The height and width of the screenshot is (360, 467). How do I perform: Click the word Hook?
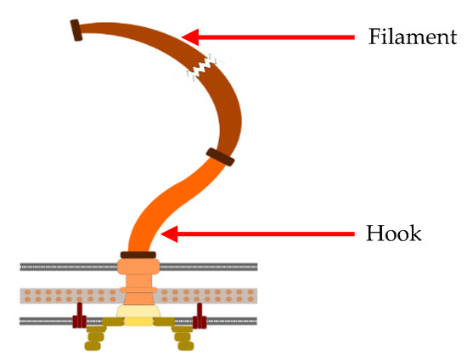(x=393, y=233)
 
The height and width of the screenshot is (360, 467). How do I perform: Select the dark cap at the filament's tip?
(x=76, y=30)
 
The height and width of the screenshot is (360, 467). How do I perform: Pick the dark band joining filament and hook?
(x=220, y=157)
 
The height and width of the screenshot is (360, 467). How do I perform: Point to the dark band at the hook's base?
(x=138, y=255)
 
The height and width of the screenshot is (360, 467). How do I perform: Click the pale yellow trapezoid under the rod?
(x=138, y=315)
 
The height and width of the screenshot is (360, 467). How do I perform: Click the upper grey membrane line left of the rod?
(x=68, y=267)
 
